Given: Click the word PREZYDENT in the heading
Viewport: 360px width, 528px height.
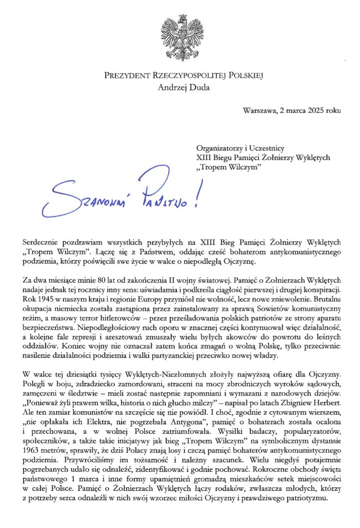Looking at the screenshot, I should [125, 76].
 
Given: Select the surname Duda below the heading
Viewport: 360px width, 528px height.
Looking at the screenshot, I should [198, 88].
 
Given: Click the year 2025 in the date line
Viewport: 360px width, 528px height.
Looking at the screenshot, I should [314, 110].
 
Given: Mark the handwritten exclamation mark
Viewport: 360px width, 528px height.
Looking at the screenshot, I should [198, 196].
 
